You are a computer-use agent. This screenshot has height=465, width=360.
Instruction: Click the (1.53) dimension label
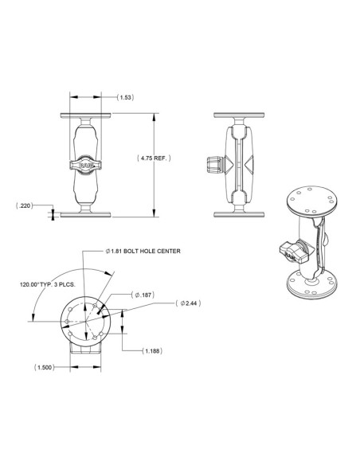(124, 97)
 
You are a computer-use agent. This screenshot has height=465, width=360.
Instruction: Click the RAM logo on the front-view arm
(85, 164)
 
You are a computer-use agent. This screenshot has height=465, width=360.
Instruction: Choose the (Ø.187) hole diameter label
(142, 295)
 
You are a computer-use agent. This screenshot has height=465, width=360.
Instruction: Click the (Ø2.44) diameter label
(189, 303)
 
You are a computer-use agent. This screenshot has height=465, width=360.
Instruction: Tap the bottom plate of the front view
(85, 213)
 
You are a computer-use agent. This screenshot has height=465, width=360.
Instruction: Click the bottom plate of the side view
(237, 213)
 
